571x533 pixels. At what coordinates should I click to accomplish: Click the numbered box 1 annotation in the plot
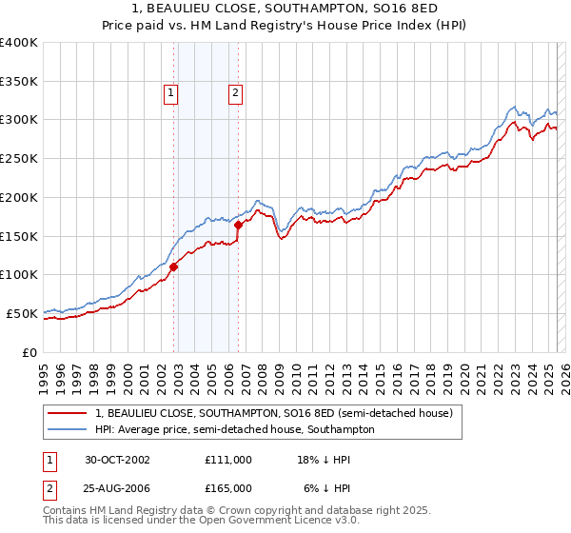[x=170, y=93]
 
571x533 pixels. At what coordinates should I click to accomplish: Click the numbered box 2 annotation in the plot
[x=234, y=93]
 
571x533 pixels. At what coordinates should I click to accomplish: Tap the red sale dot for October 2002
[x=174, y=266]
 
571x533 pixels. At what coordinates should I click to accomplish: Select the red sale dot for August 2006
[x=238, y=225]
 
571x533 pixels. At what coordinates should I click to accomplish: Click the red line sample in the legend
[x=69, y=413]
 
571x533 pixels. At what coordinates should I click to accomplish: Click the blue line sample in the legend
[x=69, y=429]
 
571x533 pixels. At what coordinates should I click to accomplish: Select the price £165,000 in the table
[x=228, y=487]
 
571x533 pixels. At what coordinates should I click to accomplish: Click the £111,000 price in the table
[x=228, y=460]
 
